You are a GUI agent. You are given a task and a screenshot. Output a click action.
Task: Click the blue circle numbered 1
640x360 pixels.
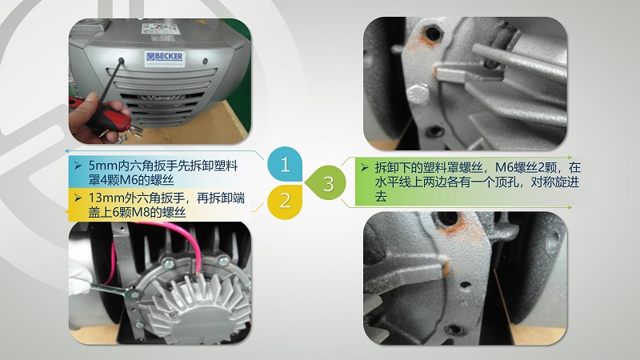pyautogui.click(x=285, y=164)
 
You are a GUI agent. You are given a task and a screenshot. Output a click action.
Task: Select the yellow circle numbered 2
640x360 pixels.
pyautogui.click(x=285, y=201)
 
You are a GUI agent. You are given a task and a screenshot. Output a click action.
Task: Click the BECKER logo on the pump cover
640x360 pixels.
pyautogui.click(x=165, y=57)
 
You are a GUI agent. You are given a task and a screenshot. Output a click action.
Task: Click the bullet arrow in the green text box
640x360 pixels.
pyautogui.click(x=365, y=168)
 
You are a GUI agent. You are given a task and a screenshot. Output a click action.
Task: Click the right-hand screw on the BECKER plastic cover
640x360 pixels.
pyautogui.click(x=206, y=62)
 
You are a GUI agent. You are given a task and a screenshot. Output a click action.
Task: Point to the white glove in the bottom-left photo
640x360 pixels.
pyautogui.click(x=79, y=294)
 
